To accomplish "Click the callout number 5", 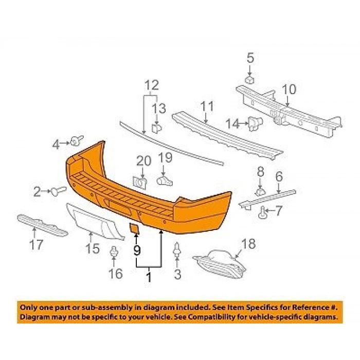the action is (250, 58).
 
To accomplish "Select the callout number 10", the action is (289, 89).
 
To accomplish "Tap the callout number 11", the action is (207, 106).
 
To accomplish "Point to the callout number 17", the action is (37, 245).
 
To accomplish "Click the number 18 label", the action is (248, 244).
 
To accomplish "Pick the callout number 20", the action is (143, 161).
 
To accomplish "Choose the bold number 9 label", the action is (137, 250).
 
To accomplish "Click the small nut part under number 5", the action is (250, 80).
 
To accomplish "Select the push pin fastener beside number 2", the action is (58, 191).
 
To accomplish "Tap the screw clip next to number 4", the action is (77, 140).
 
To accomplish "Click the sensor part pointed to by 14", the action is (255, 124).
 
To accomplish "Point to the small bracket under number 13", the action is (156, 129).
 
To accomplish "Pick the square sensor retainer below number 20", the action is (139, 183).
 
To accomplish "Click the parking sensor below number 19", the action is (165, 181).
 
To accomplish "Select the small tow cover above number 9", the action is (135, 229).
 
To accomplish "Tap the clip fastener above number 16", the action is (114, 253).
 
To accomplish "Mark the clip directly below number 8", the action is (260, 192).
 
